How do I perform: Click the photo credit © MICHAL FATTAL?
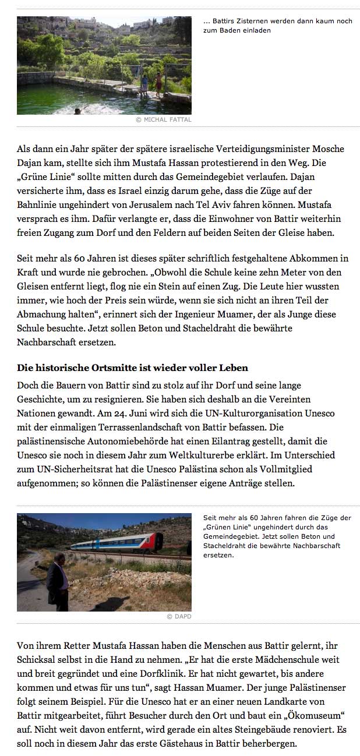163,119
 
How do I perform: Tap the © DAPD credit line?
179,616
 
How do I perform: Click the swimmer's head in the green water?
77,110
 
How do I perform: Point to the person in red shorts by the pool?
158,83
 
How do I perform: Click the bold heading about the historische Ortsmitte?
132,368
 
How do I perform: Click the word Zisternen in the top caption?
247,21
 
